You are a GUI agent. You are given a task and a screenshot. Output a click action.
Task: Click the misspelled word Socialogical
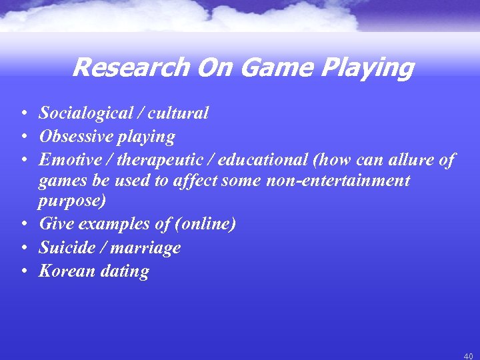[x=86, y=113]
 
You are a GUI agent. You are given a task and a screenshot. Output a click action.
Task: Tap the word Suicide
[x=67, y=248]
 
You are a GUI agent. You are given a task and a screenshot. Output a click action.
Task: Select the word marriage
[x=147, y=248]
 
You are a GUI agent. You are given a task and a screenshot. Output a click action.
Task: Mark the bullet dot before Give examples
[x=23, y=225]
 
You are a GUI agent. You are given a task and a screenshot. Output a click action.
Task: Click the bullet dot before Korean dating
[x=23, y=272]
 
